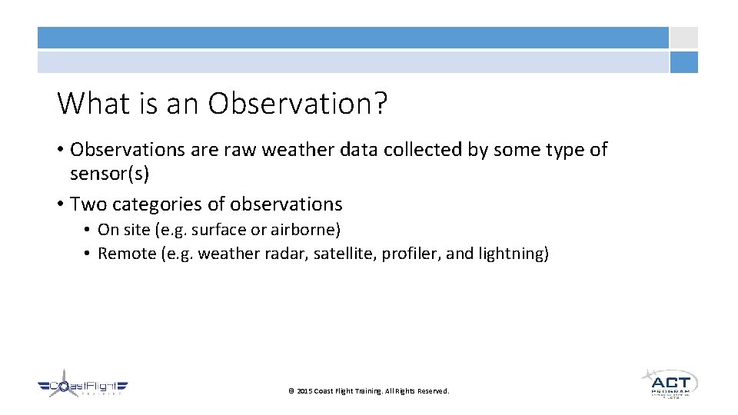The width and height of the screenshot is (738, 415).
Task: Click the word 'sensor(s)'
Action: pos(109,174)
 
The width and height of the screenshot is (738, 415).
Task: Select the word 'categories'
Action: pos(157,204)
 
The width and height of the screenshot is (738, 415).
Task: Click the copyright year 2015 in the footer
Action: pos(304,391)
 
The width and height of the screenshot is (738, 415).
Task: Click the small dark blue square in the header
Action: pos(683,62)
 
